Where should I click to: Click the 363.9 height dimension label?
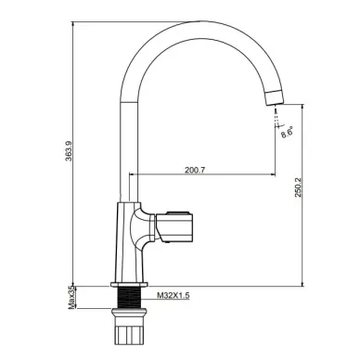click(x=69, y=150)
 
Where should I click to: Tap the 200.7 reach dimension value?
click(x=195, y=170)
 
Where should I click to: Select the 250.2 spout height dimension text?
click(x=298, y=187)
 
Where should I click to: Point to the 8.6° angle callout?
click(x=287, y=132)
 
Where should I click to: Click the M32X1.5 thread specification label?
click(x=173, y=295)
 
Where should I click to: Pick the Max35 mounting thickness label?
click(x=71, y=297)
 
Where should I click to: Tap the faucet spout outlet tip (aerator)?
click(x=275, y=97)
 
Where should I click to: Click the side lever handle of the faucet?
click(x=174, y=226)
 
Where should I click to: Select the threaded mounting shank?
click(x=129, y=298)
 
